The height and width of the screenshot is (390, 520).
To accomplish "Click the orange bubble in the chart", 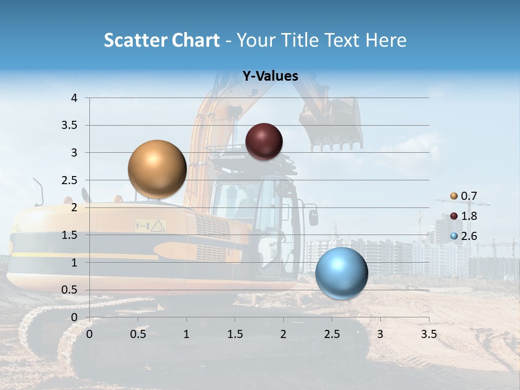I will pyautogui.click(x=158, y=169).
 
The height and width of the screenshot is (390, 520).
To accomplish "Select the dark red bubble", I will pyautogui.click(x=264, y=141).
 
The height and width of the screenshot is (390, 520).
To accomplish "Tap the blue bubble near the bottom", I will pyautogui.click(x=341, y=273).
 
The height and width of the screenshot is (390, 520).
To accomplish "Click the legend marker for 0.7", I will pyautogui.click(x=453, y=196).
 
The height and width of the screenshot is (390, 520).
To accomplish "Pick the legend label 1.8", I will pyautogui.click(x=469, y=216).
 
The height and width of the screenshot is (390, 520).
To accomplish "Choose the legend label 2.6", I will pyautogui.click(x=469, y=236).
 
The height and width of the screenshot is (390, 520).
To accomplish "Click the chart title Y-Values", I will pyautogui.click(x=270, y=76).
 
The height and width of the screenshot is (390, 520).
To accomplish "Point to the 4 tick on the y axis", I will pyautogui.click(x=74, y=98).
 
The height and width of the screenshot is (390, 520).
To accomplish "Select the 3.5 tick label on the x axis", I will pyautogui.click(x=428, y=334).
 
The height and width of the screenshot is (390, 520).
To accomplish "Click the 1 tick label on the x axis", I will pyautogui.click(x=186, y=334).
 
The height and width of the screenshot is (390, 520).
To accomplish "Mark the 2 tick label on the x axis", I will pyautogui.click(x=283, y=334).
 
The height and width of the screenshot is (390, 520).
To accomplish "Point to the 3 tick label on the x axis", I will pyautogui.click(x=380, y=334).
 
